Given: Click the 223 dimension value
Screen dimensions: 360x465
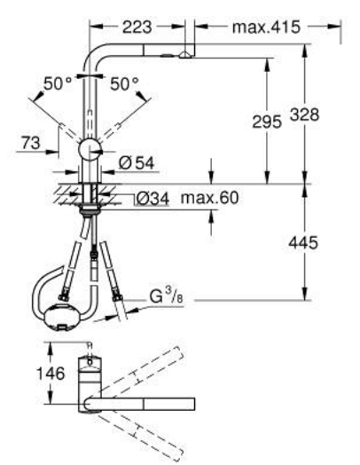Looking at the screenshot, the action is click(x=137, y=28).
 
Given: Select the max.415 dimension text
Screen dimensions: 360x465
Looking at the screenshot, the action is click(x=266, y=28).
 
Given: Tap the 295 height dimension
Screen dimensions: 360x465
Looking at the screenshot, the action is click(x=267, y=122).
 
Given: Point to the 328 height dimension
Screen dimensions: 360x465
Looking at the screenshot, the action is click(x=305, y=114).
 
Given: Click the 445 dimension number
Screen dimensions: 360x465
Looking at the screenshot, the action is click(x=303, y=242).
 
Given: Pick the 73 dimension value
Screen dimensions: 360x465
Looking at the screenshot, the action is click(x=30, y=143).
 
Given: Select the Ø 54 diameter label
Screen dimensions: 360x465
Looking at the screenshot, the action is click(x=137, y=163).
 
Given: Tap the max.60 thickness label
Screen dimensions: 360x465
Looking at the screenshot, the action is click(x=209, y=198).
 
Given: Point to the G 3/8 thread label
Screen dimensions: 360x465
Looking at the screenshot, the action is click(x=166, y=296).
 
